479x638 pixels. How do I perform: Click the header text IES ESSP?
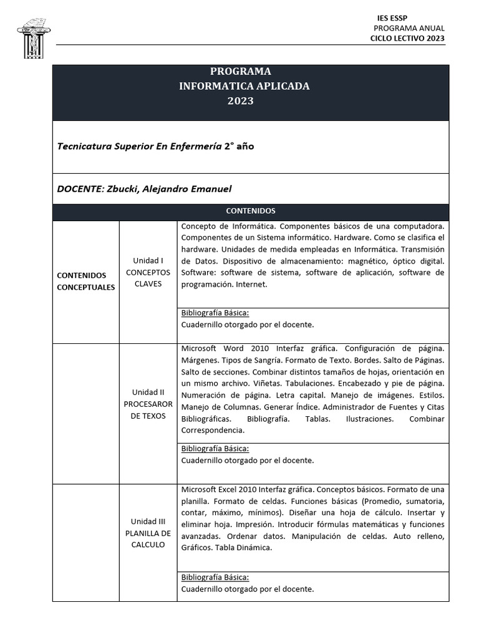tap(392, 17)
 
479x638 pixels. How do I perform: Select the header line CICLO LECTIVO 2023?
tap(407, 39)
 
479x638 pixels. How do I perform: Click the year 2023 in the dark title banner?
tap(240, 101)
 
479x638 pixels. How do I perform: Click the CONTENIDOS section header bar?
tap(250, 211)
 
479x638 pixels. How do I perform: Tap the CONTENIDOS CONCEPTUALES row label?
tap(85, 281)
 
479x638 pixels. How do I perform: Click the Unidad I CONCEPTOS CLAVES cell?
tap(148, 272)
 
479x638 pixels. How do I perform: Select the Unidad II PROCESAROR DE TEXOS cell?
tap(148, 404)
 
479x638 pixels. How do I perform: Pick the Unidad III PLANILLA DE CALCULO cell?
tap(148, 533)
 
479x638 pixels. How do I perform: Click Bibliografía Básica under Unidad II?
tap(215, 449)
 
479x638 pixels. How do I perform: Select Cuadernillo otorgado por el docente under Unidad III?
tap(248, 589)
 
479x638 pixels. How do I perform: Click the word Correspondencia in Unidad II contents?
tap(213, 430)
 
